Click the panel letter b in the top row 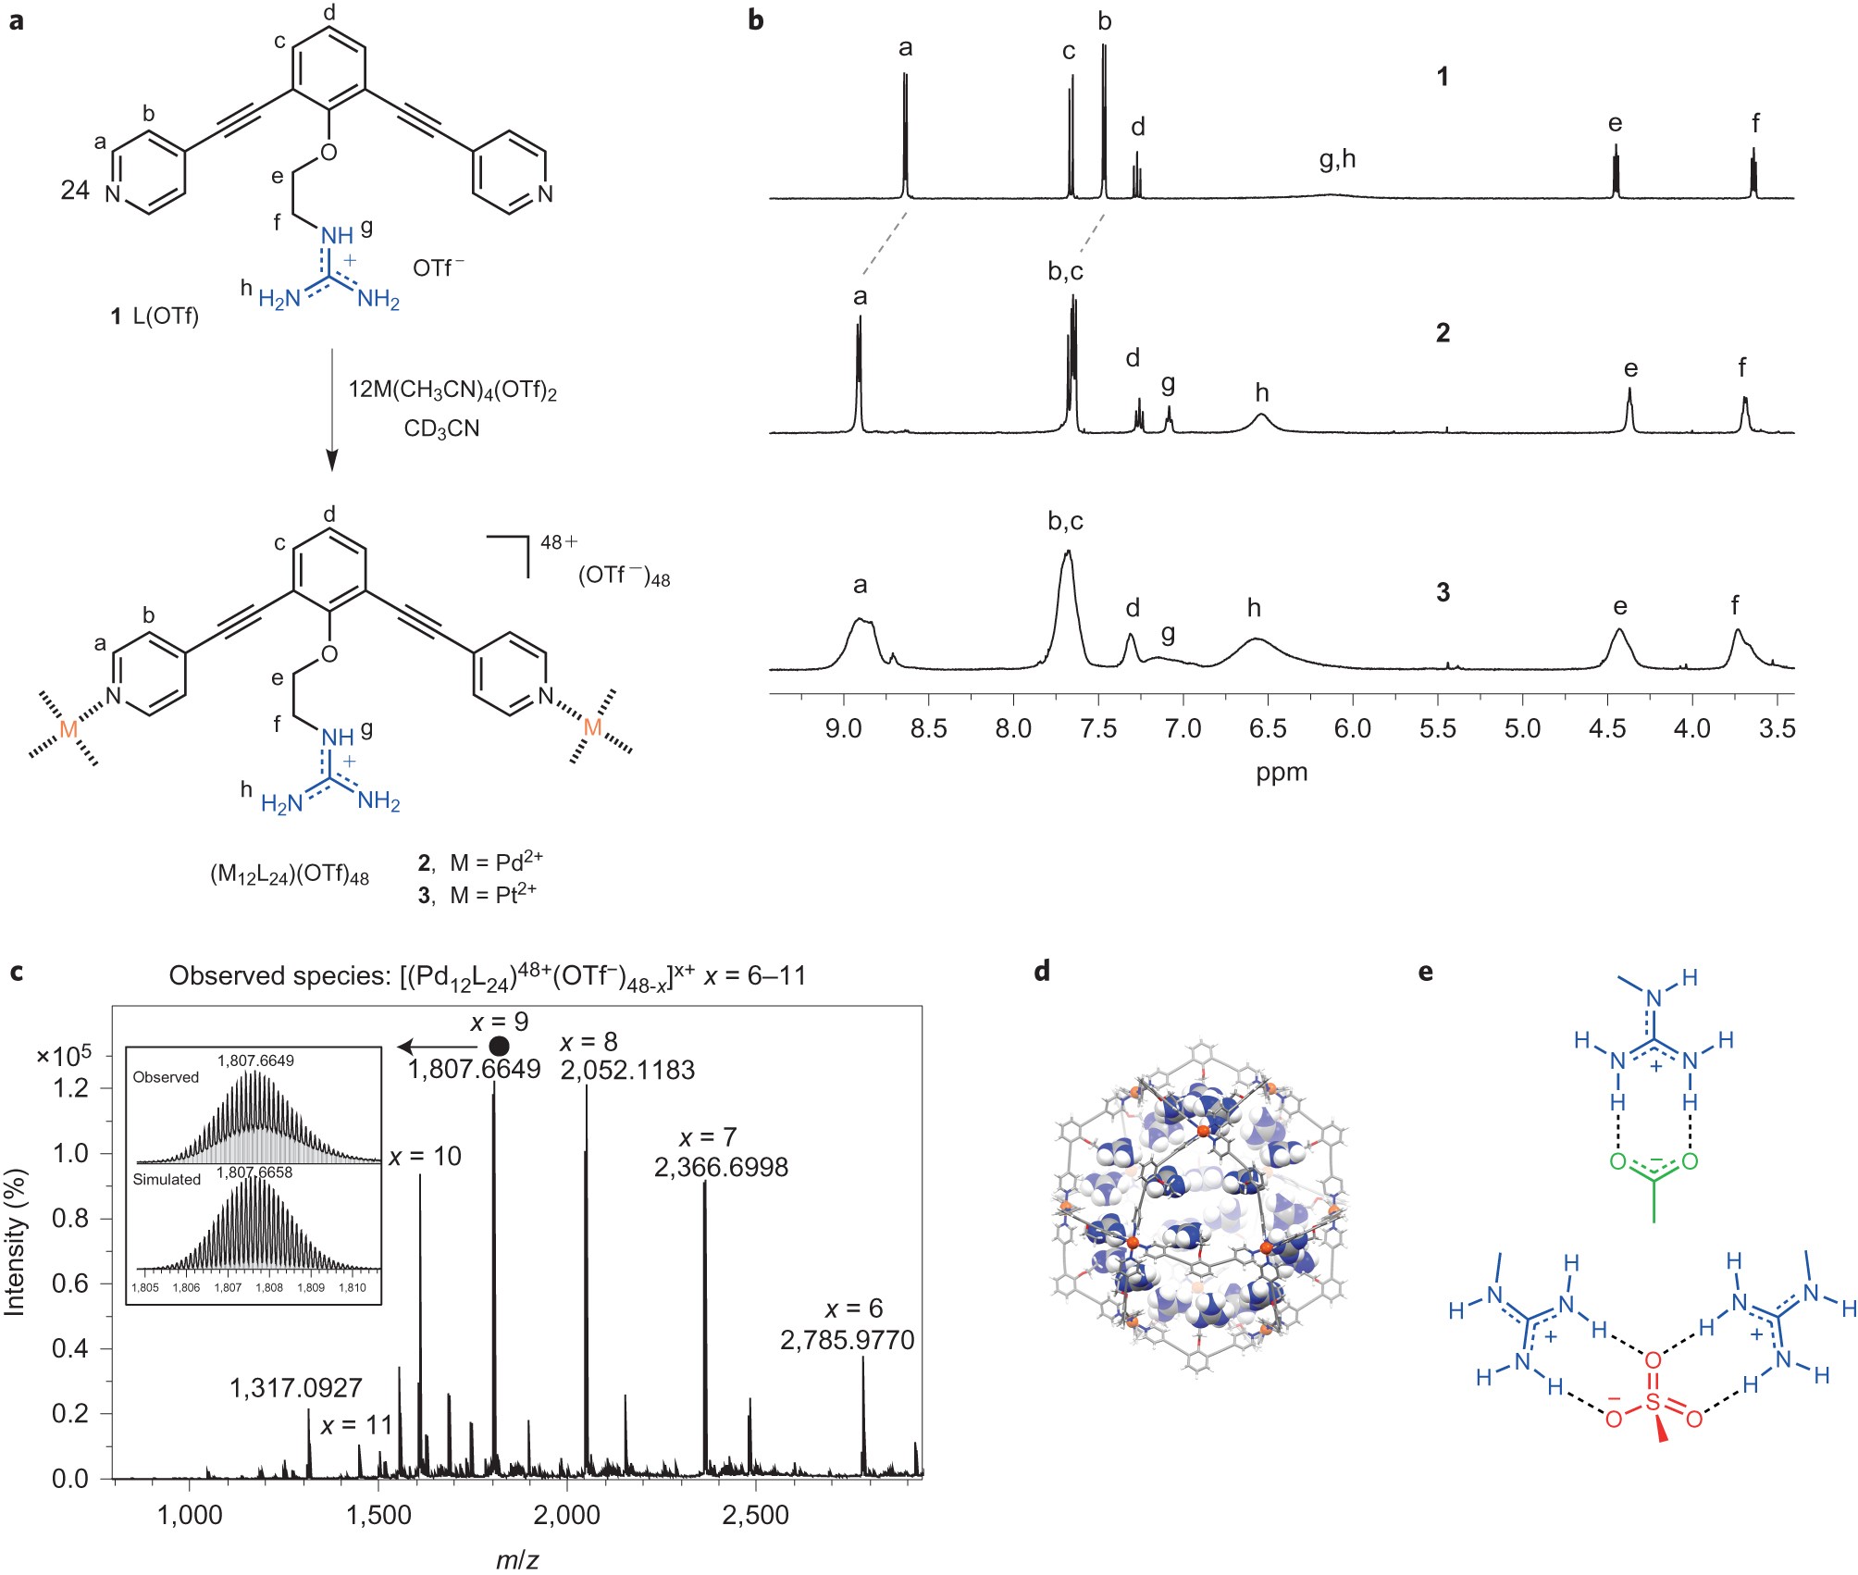click(756, 19)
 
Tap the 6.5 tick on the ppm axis click(1268, 728)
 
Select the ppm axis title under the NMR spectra click(1282, 773)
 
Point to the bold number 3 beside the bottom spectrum click(1443, 592)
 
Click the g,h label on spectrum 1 click(1337, 159)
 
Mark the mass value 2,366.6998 click(721, 1167)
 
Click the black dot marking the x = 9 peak click(499, 1046)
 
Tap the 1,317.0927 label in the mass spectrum click(296, 1388)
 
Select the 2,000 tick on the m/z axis click(567, 1515)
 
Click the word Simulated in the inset click(167, 1179)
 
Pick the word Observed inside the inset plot click(166, 1077)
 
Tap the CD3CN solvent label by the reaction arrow click(441, 429)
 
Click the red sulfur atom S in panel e click(1654, 1404)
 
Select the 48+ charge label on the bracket click(558, 542)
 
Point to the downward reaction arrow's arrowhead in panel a click(332, 460)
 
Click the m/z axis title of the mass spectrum click(516, 1560)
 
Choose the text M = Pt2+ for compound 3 click(492, 895)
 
